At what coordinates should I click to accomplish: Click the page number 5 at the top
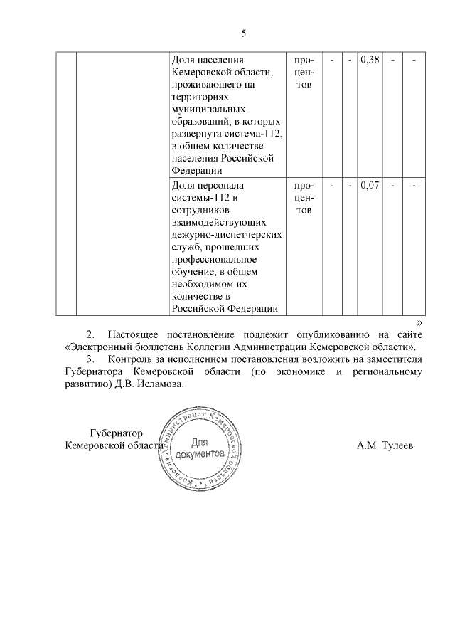pos(243,33)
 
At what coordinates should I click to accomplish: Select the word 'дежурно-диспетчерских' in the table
pos(223,234)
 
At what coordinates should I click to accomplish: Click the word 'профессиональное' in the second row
pos(214,259)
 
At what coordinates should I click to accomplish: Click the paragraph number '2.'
pos(90,334)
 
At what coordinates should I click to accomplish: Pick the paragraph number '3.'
pos(90,359)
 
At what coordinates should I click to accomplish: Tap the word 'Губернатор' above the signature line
pos(117,433)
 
